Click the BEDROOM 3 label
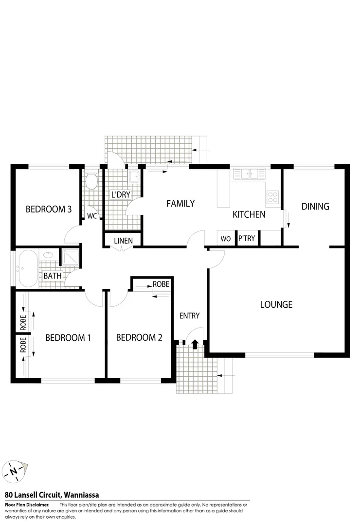(49, 210)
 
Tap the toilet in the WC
(91, 182)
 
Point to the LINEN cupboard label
(123, 241)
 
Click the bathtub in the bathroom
(26, 268)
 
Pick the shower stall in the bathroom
(71, 258)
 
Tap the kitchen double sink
(248, 173)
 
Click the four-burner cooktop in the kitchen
(272, 197)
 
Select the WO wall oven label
(226, 239)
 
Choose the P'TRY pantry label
(247, 239)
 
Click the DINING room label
(315, 207)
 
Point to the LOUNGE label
(276, 305)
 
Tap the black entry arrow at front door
(195, 344)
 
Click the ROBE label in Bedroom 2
(161, 284)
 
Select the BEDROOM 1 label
(68, 338)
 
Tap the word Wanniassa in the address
(81, 495)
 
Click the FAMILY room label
(180, 204)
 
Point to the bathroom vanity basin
(48, 254)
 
